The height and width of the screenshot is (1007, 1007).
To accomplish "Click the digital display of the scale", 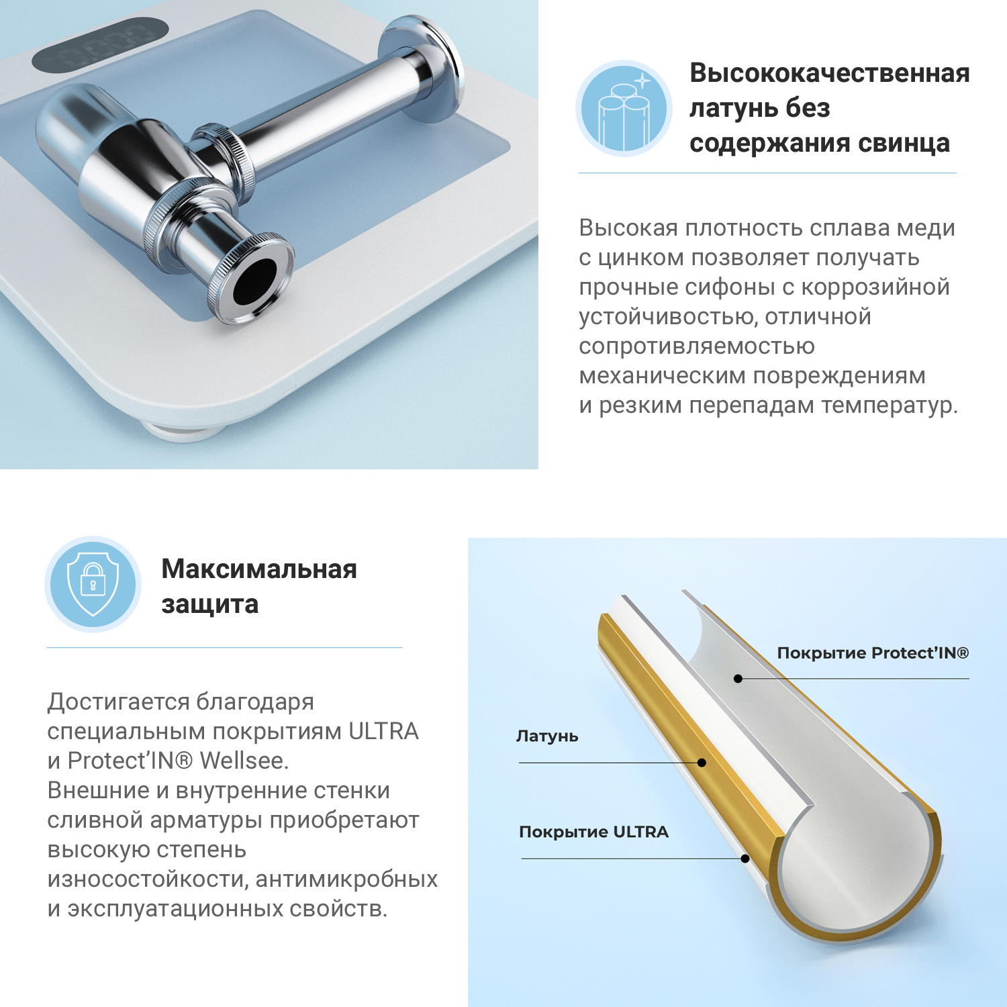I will pyautogui.click(x=101, y=44).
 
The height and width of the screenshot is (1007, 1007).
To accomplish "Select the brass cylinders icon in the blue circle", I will pyautogui.click(x=624, y=109).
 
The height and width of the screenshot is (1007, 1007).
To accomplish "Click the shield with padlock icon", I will pyautogui.click(x=93, y=584).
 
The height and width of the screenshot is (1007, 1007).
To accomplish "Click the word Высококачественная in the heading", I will pyautogui.click(x=829, y=73).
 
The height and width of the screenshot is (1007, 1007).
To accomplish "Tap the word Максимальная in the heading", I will pyautogui.click(x=259, y=569).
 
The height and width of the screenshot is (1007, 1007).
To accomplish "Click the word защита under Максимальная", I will pyautogui.click(x=209, y=604).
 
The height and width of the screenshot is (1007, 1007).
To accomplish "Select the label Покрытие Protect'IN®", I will pyautogui.click(x=872, y=653).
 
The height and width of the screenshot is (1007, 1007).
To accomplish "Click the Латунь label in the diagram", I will pyautogui.click(x=547, y=736).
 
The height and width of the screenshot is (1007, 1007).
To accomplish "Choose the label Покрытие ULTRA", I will pyautogui.click(x=593, y=832).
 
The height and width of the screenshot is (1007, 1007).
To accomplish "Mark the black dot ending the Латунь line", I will pyautogui.click(x=702, y=763).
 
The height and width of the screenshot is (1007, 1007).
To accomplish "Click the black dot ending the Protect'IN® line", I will pyautogui.click(x=738, y=679).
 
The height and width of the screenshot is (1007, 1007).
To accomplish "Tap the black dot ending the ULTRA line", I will pyautogui.click(x=745, y=859).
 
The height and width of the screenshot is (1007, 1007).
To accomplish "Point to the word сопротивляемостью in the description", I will pyautogui.click(x=696, y=346).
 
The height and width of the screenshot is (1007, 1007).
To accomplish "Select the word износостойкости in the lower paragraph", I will pyautogui.click(x=147, y=879).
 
